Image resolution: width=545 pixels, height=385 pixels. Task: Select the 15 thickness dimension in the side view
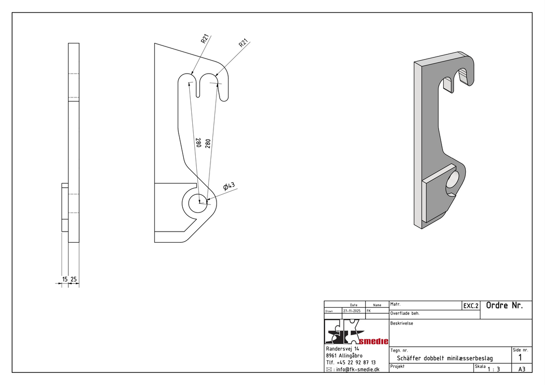[x=65, y=279]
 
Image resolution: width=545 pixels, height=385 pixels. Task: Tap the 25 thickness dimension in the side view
[x=73, y=279]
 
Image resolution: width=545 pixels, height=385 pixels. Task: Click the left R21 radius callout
[x=205, y=38]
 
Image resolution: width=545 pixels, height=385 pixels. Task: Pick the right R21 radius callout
[x=244, y=43]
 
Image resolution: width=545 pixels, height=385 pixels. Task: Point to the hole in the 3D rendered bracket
[x=453, y=181]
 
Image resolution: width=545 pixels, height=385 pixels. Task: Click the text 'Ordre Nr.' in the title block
[x=504, y=305]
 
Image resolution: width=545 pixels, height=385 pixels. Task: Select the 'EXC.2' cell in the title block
[x=471, y=306]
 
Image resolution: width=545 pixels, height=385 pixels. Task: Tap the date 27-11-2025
[x=352, y=311]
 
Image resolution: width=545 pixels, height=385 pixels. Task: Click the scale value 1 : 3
[x=494, y=369]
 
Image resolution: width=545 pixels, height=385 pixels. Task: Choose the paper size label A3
[x=522, y=369]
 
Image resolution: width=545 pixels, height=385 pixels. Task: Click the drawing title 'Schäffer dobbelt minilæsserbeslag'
[x=445, y=358]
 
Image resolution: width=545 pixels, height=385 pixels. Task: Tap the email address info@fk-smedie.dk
[x=358, y=369]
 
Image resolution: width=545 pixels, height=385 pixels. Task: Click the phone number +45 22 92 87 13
[x=356, y=362]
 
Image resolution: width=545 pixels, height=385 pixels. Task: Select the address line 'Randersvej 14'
[x=343, y=349]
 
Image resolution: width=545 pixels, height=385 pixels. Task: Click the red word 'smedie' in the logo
[x=373, y=341]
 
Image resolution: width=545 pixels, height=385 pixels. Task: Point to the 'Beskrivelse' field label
[x=402, y=323]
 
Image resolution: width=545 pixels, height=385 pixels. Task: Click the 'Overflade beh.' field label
[x=405, y=313]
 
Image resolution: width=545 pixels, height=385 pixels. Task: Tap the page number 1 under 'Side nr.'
[x=520, y=358]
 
